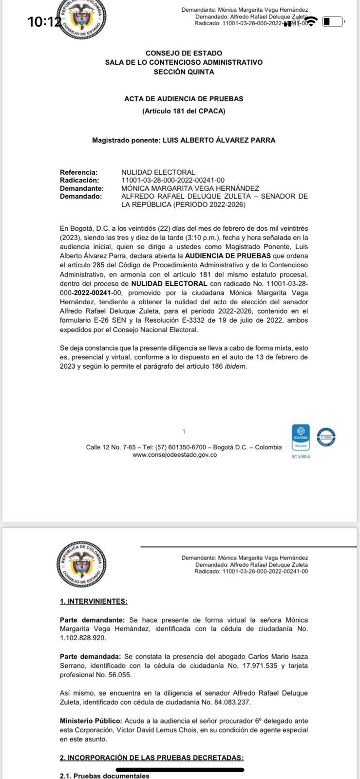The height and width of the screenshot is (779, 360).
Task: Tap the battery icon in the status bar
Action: click(333, 21)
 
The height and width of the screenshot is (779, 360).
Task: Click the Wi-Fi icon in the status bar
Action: click(312, 21)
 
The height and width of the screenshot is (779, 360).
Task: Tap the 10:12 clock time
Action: click(44, 22)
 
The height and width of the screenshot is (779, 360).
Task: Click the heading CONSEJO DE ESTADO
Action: click(184, 53)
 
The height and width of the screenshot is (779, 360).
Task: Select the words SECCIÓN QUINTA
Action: click(184, 72)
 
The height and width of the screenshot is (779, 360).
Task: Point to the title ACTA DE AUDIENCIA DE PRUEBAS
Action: click(184, 98)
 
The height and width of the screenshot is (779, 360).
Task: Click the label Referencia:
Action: click(78, 172)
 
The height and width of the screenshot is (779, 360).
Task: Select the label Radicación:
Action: click(79, 180)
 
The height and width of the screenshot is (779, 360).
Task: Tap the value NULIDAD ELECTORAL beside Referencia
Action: click(158, 172)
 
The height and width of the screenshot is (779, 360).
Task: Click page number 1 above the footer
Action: click(184, 431)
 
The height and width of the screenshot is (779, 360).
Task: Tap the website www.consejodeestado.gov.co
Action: click(174, 455)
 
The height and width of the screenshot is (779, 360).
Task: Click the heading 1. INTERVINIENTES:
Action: click(94, 601)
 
